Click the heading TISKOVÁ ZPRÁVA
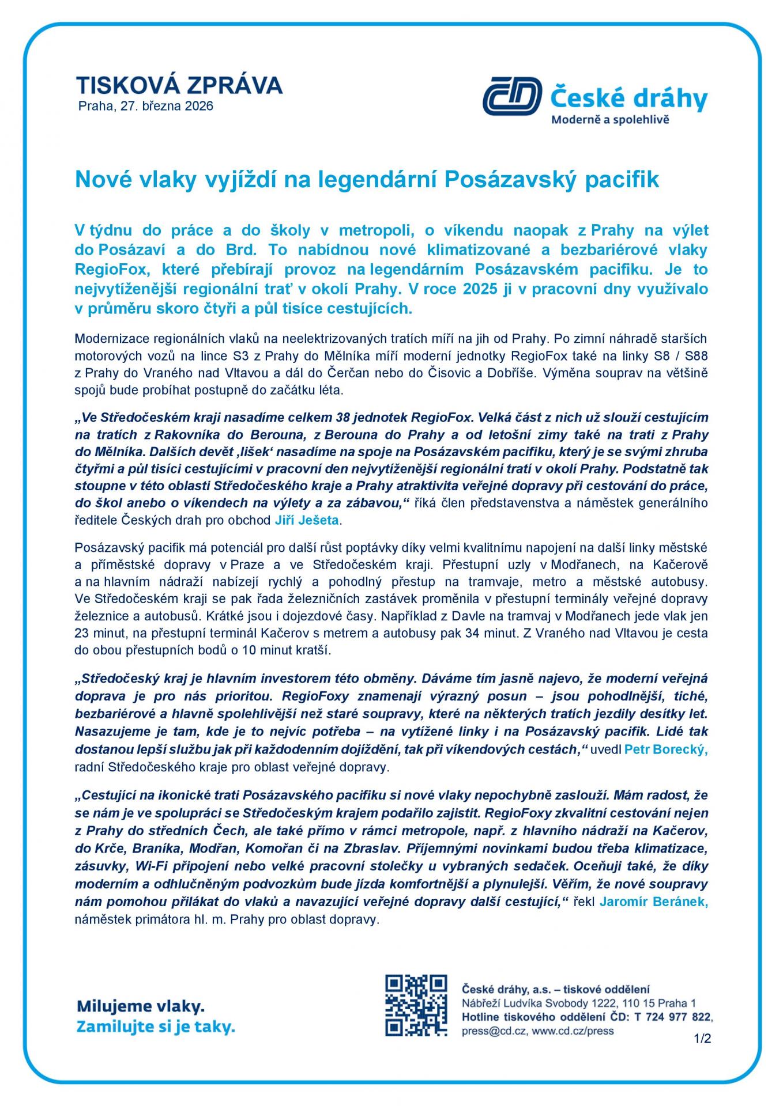179,85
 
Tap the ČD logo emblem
512,96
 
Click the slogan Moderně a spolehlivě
610,120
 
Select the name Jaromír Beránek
653,902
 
